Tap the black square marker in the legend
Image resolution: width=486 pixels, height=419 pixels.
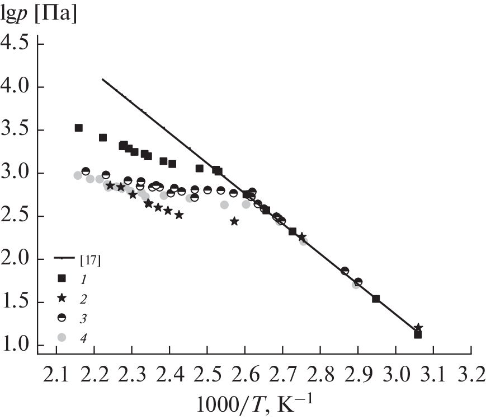pyautogui.click(x=62, y=278)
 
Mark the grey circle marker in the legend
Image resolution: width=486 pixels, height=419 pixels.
pyautogui.click(x=62, y=337)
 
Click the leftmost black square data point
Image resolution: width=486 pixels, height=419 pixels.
pyautogui.click(x=79, y=128)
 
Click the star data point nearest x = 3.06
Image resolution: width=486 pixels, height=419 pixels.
pyautogui.click(x=418, y=327)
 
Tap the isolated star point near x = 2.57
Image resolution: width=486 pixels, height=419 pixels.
pyautogui.click(x=234, y=221)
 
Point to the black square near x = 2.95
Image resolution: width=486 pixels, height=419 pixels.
pyautogui.click(x=376, y=299)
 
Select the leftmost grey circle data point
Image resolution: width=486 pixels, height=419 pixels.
pyautogui.click(x=78, y=175)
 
